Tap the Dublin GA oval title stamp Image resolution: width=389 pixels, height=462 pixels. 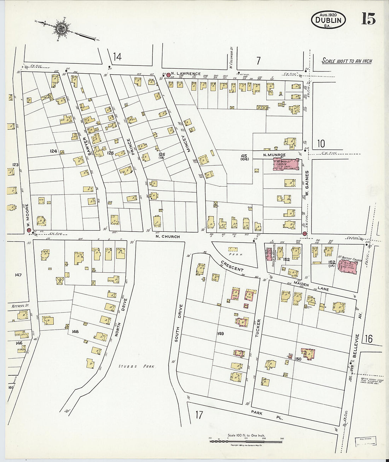(x=328, y=20)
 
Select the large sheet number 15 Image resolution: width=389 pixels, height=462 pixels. (x=368, y=19)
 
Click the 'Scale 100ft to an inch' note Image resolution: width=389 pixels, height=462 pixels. (x=347, y=61)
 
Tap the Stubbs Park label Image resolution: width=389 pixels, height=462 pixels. (x=137, y=367)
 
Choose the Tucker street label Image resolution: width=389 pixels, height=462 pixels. (x=259, y=327)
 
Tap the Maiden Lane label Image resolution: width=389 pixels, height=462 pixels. (x=310, y=287)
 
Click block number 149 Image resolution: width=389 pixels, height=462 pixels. (x=220, y=333)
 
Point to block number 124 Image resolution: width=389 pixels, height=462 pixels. (x=53, y=151)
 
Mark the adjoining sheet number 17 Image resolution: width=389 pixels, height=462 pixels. (x=199, y=415)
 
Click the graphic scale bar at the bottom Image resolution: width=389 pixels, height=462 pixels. (x=246, y=441)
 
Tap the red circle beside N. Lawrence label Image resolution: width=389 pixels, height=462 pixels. (x=168, y=74)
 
